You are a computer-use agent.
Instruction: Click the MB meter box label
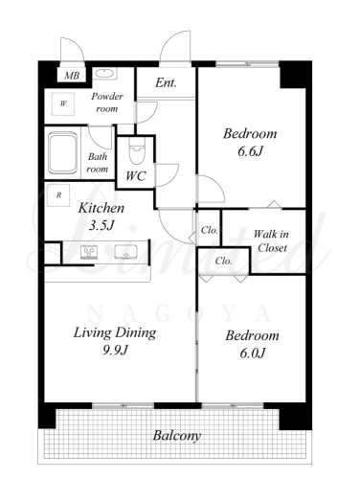[x=72, y=76]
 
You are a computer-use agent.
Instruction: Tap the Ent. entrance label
[x=166, y=83]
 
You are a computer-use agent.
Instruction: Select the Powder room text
[x=107, y=103]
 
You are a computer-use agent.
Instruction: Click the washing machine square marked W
[x=63, y=103]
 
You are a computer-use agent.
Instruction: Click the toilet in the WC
[x=137, y=149]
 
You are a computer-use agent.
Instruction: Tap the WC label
[x=136, y=176]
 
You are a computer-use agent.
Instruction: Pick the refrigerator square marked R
[x=58, y=194]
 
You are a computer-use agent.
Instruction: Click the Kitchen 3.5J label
[x=101, y=217]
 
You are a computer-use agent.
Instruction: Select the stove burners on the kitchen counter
[x=89, y=251]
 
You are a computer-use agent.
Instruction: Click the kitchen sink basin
[x=126, y=251]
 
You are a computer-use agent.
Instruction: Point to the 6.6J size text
[x=250, y=151]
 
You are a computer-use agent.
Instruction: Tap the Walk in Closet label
[x=271, y=240]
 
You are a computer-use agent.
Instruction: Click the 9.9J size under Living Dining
[x=115, y=351]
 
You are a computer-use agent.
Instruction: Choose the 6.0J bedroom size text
[x=253, y=354]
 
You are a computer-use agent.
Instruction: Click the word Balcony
[x=177, y=435]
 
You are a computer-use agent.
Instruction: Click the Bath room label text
[x=98, y=163]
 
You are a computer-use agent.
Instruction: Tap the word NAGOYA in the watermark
[x=179, y=313]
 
